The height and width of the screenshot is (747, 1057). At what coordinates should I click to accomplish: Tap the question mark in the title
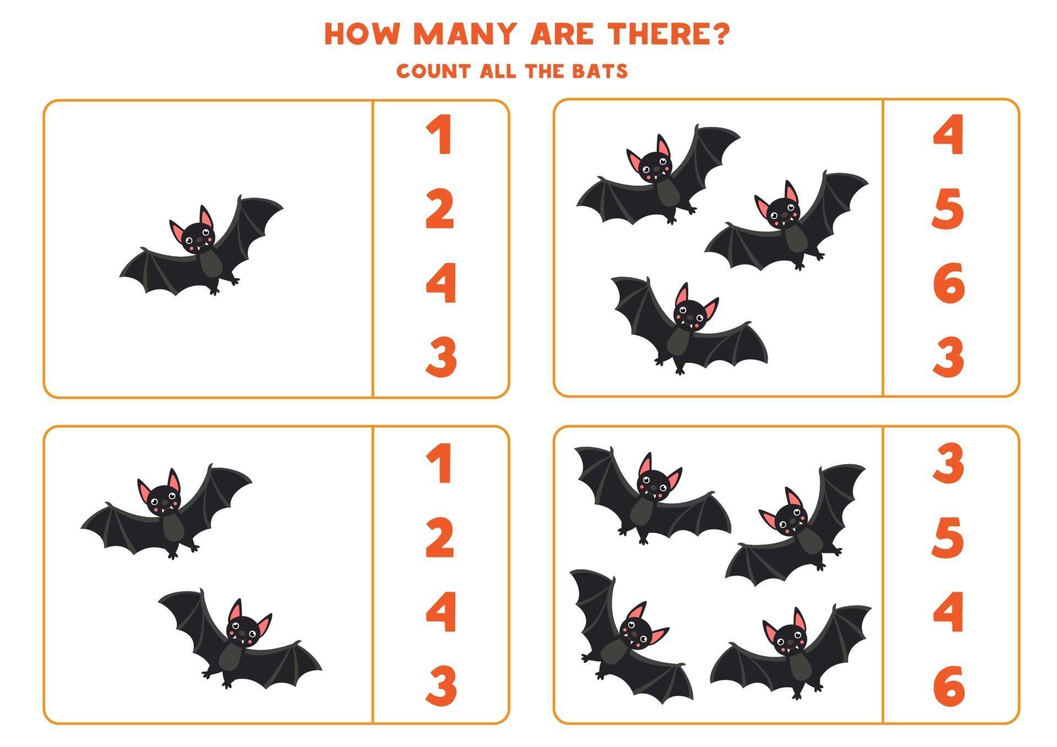tap(719, 34)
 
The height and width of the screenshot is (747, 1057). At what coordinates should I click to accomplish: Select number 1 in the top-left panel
tap(439, 135)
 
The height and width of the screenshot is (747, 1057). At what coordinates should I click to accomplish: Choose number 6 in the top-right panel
tap(948, 283)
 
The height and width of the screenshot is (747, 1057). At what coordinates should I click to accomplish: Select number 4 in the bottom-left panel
tap(440, 611)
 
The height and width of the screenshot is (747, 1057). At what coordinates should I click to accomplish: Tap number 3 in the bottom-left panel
tap(440, 685)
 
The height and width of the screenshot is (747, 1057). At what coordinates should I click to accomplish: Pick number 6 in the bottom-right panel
tap(949, 685)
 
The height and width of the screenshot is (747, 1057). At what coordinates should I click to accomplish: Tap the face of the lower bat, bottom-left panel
tap(243, 630)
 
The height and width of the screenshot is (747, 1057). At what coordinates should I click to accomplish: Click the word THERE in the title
tap(655, 34)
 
